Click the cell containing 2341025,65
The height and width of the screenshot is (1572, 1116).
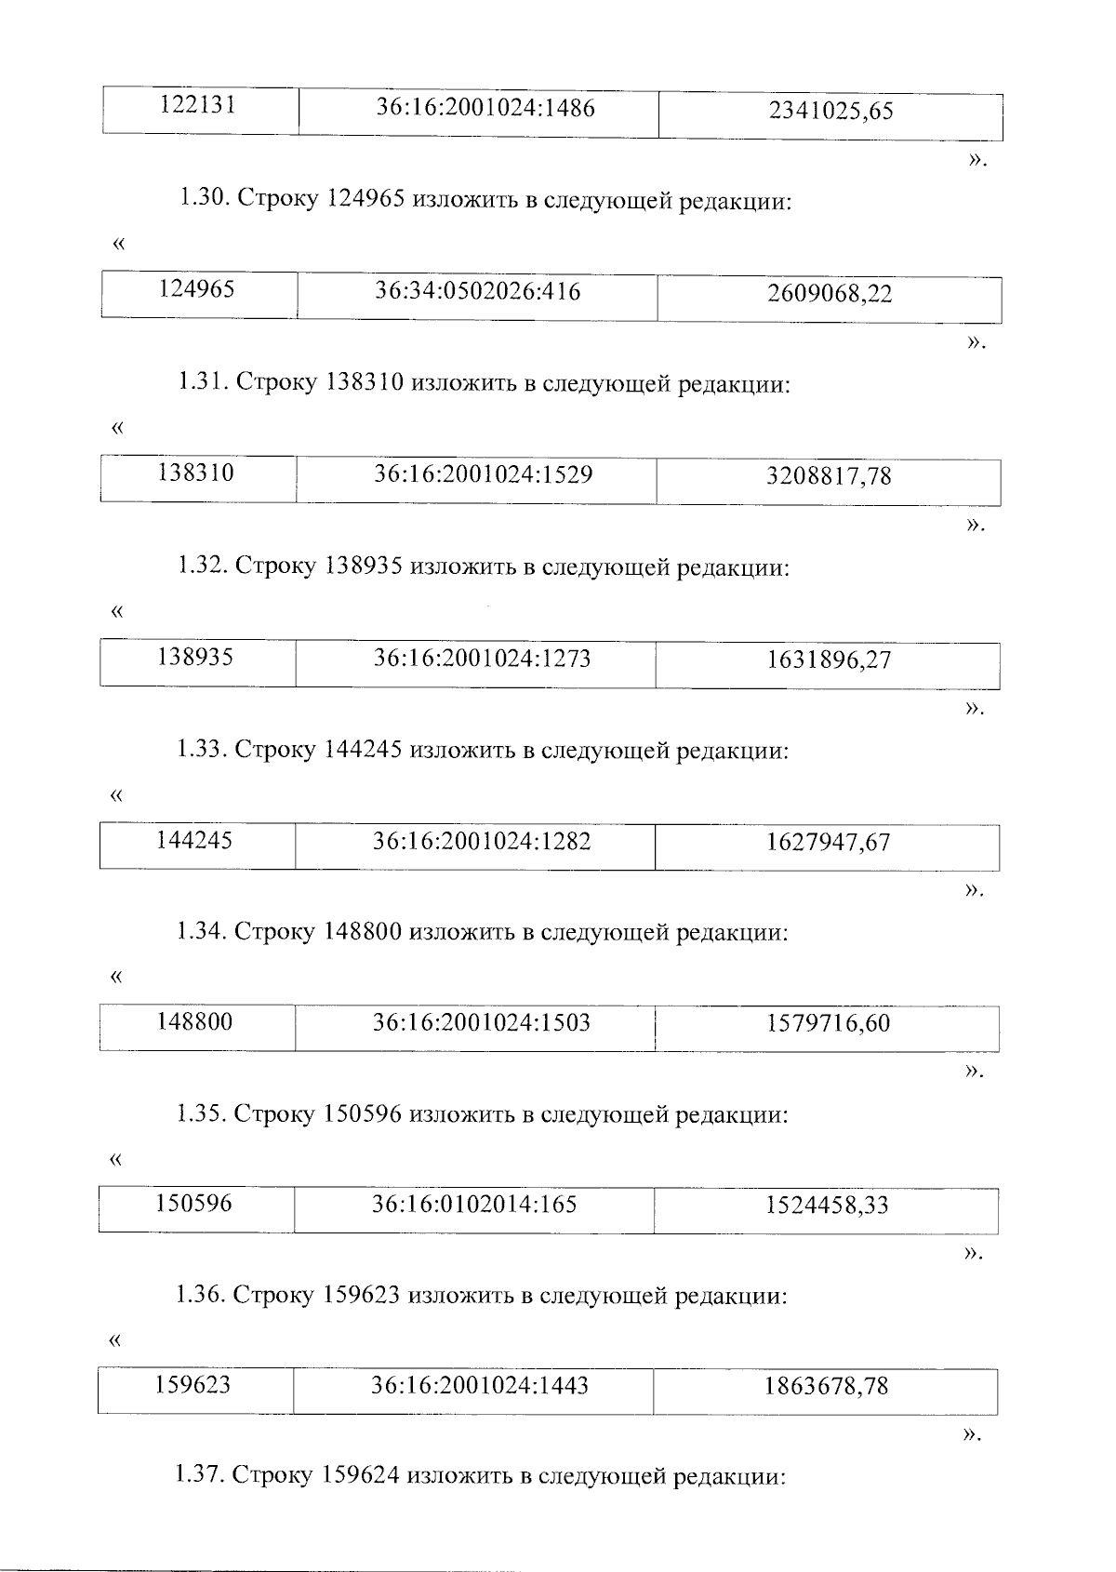coord(830,112)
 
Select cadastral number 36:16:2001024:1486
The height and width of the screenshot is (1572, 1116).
coord(485,108)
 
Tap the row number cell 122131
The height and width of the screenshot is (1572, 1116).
coord(198,105)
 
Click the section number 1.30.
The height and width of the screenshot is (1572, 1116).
coord(204,199)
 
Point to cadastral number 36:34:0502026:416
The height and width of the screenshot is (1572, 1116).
coord(478,292)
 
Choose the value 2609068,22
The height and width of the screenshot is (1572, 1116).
coord(830,294)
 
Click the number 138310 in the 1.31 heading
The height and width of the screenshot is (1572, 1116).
coord(365,382)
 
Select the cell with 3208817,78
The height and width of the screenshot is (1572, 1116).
coord(829,476)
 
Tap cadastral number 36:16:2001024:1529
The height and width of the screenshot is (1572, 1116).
coord(484,474)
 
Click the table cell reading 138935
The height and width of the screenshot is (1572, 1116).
coord(195,658)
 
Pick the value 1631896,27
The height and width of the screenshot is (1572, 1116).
coord(829,660)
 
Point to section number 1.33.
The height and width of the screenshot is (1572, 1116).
coord(202,749)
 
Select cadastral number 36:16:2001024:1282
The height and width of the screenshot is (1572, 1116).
coord(482,842)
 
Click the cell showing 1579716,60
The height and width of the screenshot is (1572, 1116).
coord(828,1024)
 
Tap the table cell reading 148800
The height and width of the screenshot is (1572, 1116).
coord(194,1022)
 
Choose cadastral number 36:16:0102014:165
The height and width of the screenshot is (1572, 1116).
coord(474,1205)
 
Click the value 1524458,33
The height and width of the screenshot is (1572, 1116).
coord(827,1206)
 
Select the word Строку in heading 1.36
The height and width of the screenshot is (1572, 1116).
coord(273,1295)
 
